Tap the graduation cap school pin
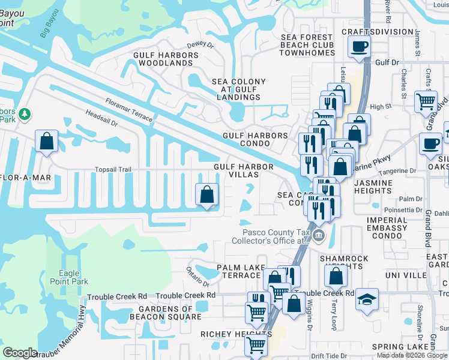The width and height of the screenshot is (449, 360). point(366,298)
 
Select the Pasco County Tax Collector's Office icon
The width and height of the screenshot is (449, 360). point(318,238)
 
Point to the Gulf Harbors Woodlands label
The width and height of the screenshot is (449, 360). point(165,59)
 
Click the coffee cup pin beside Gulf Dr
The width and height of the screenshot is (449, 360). point(359,46)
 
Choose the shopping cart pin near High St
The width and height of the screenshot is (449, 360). point(426,101)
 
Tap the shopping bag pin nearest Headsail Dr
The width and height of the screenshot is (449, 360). point(46,142)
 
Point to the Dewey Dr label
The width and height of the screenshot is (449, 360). point(200,44)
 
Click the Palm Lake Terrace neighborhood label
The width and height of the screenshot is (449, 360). point(238,271)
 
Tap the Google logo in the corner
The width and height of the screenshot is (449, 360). point(20,353)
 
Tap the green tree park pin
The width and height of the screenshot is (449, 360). point(24,113)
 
